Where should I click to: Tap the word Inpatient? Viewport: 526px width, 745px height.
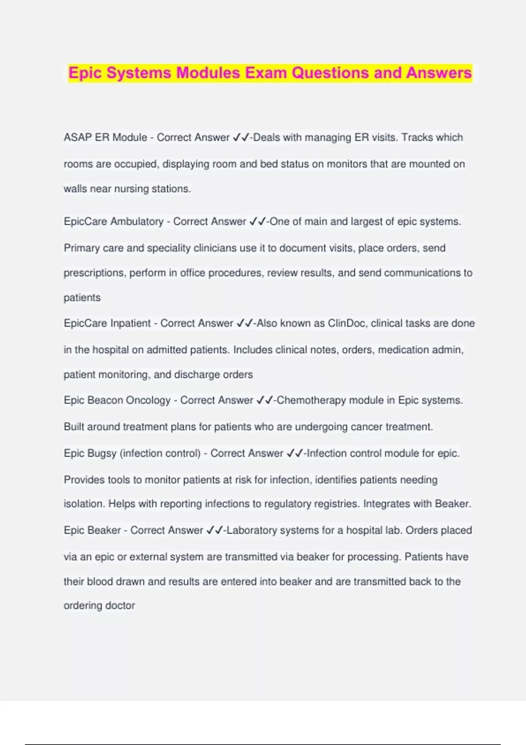click(130, 323)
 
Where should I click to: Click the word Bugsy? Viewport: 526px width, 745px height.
click(102, 454)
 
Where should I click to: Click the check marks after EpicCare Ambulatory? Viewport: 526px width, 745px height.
click(257, 222)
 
